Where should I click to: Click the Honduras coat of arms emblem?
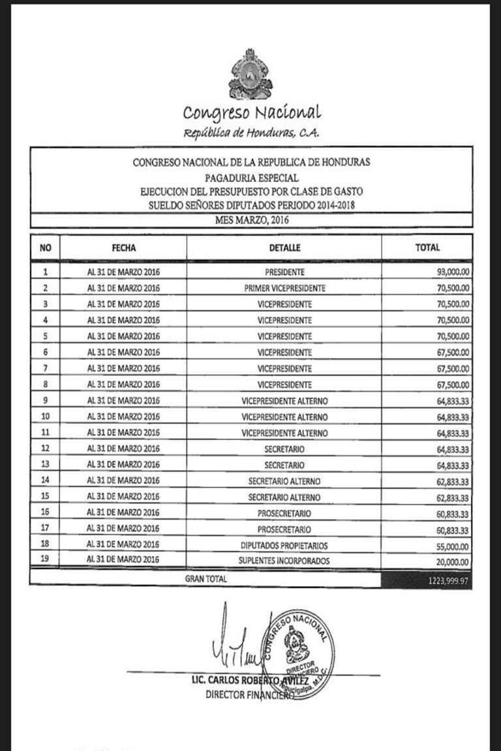pyautogui.click(x=251, y=74)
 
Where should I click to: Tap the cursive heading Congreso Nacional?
pyautogui.click(x=252, y=113)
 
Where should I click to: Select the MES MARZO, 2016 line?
pyautogui.click(x=252, y=220)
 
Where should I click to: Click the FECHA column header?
pyautogui.click(x=123, y=248)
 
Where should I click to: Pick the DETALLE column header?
pyautogui.click(x=284, y=248)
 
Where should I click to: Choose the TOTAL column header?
pyautogui.click(x=427, y=248)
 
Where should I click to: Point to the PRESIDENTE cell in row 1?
pyautogui.click(x=284, y=271)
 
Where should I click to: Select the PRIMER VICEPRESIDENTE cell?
pyautogui.click(x=284, y=287)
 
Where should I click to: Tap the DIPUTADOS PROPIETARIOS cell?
pyautogui.click(x=284, y=545)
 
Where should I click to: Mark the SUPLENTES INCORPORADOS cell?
pyautogui.click(x=284, y=561)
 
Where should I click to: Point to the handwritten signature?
pyautogui.click(x=235, y=645)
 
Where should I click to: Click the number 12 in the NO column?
pyautogui.click(x=45, y=449)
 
